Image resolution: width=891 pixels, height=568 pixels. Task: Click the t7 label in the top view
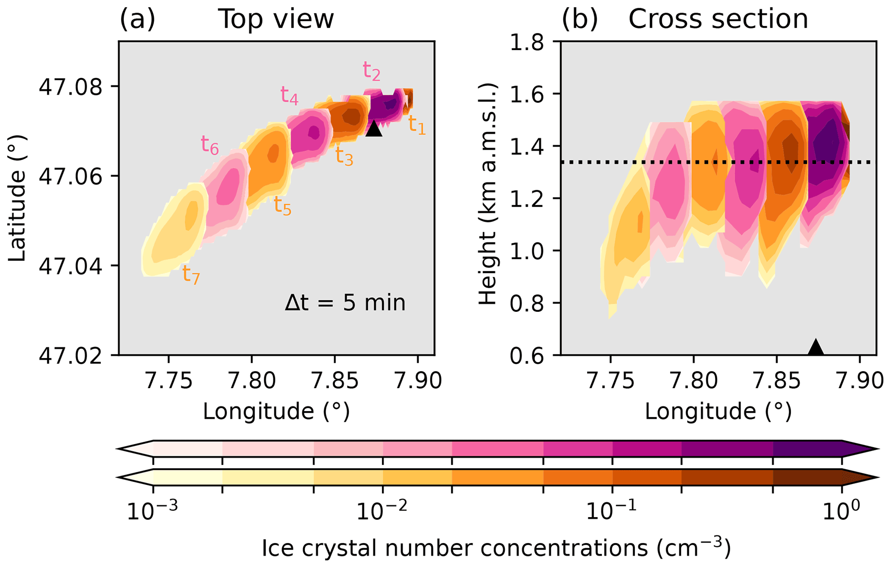click(191, 274)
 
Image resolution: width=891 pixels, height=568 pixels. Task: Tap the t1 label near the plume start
click(417, 125)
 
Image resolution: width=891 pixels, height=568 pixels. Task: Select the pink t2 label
click(371, 71)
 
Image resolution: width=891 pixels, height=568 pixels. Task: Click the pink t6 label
click(209, 145)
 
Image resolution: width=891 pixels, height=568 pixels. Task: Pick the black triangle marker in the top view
click(374, 128)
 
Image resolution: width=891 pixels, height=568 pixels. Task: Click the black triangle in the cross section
click(815, 347)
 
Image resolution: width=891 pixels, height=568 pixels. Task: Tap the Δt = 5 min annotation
click(345, 303)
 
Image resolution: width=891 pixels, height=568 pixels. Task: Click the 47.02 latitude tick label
click(71, 355)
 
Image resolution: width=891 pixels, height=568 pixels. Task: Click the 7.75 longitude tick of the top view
click(169, 380)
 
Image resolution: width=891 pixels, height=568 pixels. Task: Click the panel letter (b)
click(580, 19)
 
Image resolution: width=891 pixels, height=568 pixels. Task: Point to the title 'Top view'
click(276, 19)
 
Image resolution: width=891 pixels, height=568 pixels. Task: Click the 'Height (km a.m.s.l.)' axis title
click(488, 194)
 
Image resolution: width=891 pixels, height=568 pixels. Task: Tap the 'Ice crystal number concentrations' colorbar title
click(496, 549)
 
